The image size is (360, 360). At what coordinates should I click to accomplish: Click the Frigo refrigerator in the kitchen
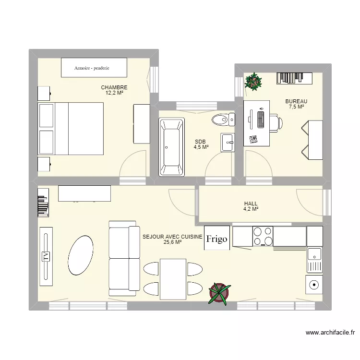pos(217,239)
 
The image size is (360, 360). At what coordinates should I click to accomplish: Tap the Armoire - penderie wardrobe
pos(94,68)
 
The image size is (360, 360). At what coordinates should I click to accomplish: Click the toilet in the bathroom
pos(222,119)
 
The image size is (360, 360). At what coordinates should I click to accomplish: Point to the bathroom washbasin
pos(228,142)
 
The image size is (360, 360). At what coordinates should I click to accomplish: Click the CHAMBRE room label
pos(114,87)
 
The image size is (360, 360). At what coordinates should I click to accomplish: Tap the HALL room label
pos(251,204)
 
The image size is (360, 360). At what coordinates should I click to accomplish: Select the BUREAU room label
pos(296,101)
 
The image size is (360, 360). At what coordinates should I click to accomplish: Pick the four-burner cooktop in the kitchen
pos(263,236)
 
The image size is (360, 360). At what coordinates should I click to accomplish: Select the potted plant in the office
pos(253,82)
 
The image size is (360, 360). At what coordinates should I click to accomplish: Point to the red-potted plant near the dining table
pos(219,293)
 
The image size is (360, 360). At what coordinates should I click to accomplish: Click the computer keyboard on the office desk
pos(261,118)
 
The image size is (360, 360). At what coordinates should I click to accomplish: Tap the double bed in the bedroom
pos(71,129)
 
